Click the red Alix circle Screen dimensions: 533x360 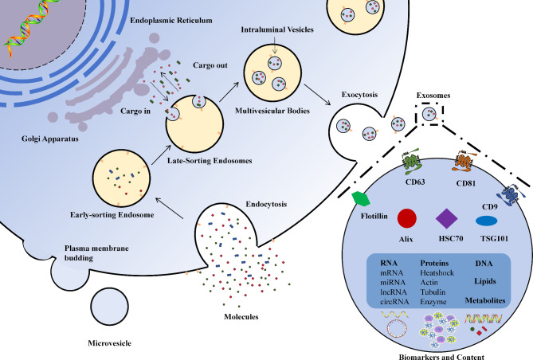[407, 218]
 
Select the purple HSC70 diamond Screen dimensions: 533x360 [447, 218]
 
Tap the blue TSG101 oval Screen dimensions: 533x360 [487, 221]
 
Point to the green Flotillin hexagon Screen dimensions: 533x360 [361, 199]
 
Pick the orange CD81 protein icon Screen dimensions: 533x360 [464, 160]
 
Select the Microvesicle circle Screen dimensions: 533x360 [109, 307]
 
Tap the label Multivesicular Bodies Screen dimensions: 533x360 [272, 111]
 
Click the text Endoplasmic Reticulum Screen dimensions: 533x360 [171, 21]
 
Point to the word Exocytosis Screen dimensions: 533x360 [359, 95]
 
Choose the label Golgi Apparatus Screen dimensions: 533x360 [50, 139]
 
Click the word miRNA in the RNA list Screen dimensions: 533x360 [393, 283]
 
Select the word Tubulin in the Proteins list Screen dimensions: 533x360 [433, 292]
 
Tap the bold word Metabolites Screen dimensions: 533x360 [485, 300]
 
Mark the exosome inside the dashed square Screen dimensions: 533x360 [429, 114]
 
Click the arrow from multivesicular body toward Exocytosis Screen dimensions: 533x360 [317, 95]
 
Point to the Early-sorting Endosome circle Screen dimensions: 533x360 [121, 178]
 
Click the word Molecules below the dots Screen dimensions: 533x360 [241, 317]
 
